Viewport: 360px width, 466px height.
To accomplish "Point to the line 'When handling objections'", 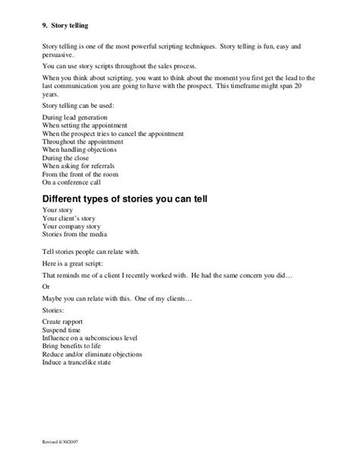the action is click(x=77, y=151).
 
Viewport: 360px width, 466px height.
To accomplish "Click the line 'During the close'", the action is click(x=65, y=158).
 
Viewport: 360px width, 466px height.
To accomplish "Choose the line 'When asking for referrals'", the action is click(x=77, y=166).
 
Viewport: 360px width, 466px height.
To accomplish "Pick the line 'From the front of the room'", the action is click(x=80, y=174).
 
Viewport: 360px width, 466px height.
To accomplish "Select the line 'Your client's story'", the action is click(x=68, y=218).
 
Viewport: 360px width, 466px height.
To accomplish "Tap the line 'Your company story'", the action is click(x=71, y=226).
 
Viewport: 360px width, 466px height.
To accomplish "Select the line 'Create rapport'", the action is click(x=63, y=322).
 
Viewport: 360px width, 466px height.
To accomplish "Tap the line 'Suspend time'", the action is click(x=62, y=330).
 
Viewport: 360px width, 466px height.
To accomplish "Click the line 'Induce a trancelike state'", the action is click(x=77, y=361).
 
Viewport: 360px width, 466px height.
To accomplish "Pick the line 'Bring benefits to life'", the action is click(x=73, y=346).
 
